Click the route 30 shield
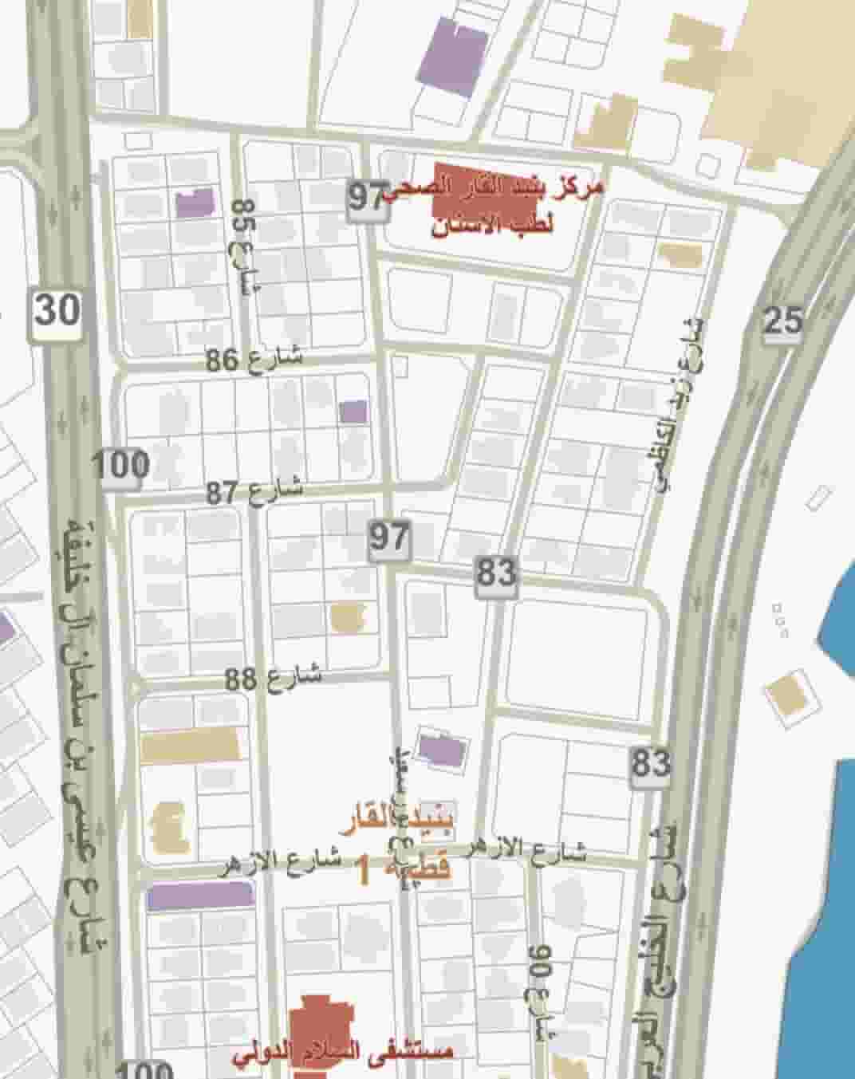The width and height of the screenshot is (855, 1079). point(57,309)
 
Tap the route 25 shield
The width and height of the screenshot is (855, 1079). point(782,321)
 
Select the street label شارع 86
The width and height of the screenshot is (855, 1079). point(254,358)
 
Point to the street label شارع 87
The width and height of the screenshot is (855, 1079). point(254,491)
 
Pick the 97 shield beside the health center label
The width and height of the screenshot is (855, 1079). point(368,196)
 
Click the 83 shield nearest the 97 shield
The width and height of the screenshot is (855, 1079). point(496,573)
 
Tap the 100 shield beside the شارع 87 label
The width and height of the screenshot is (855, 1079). point(121,465)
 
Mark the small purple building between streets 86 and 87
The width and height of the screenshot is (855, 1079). point(353,412)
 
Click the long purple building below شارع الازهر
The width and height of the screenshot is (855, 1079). point(200,896)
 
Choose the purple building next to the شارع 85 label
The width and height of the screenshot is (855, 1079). point(195,203)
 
